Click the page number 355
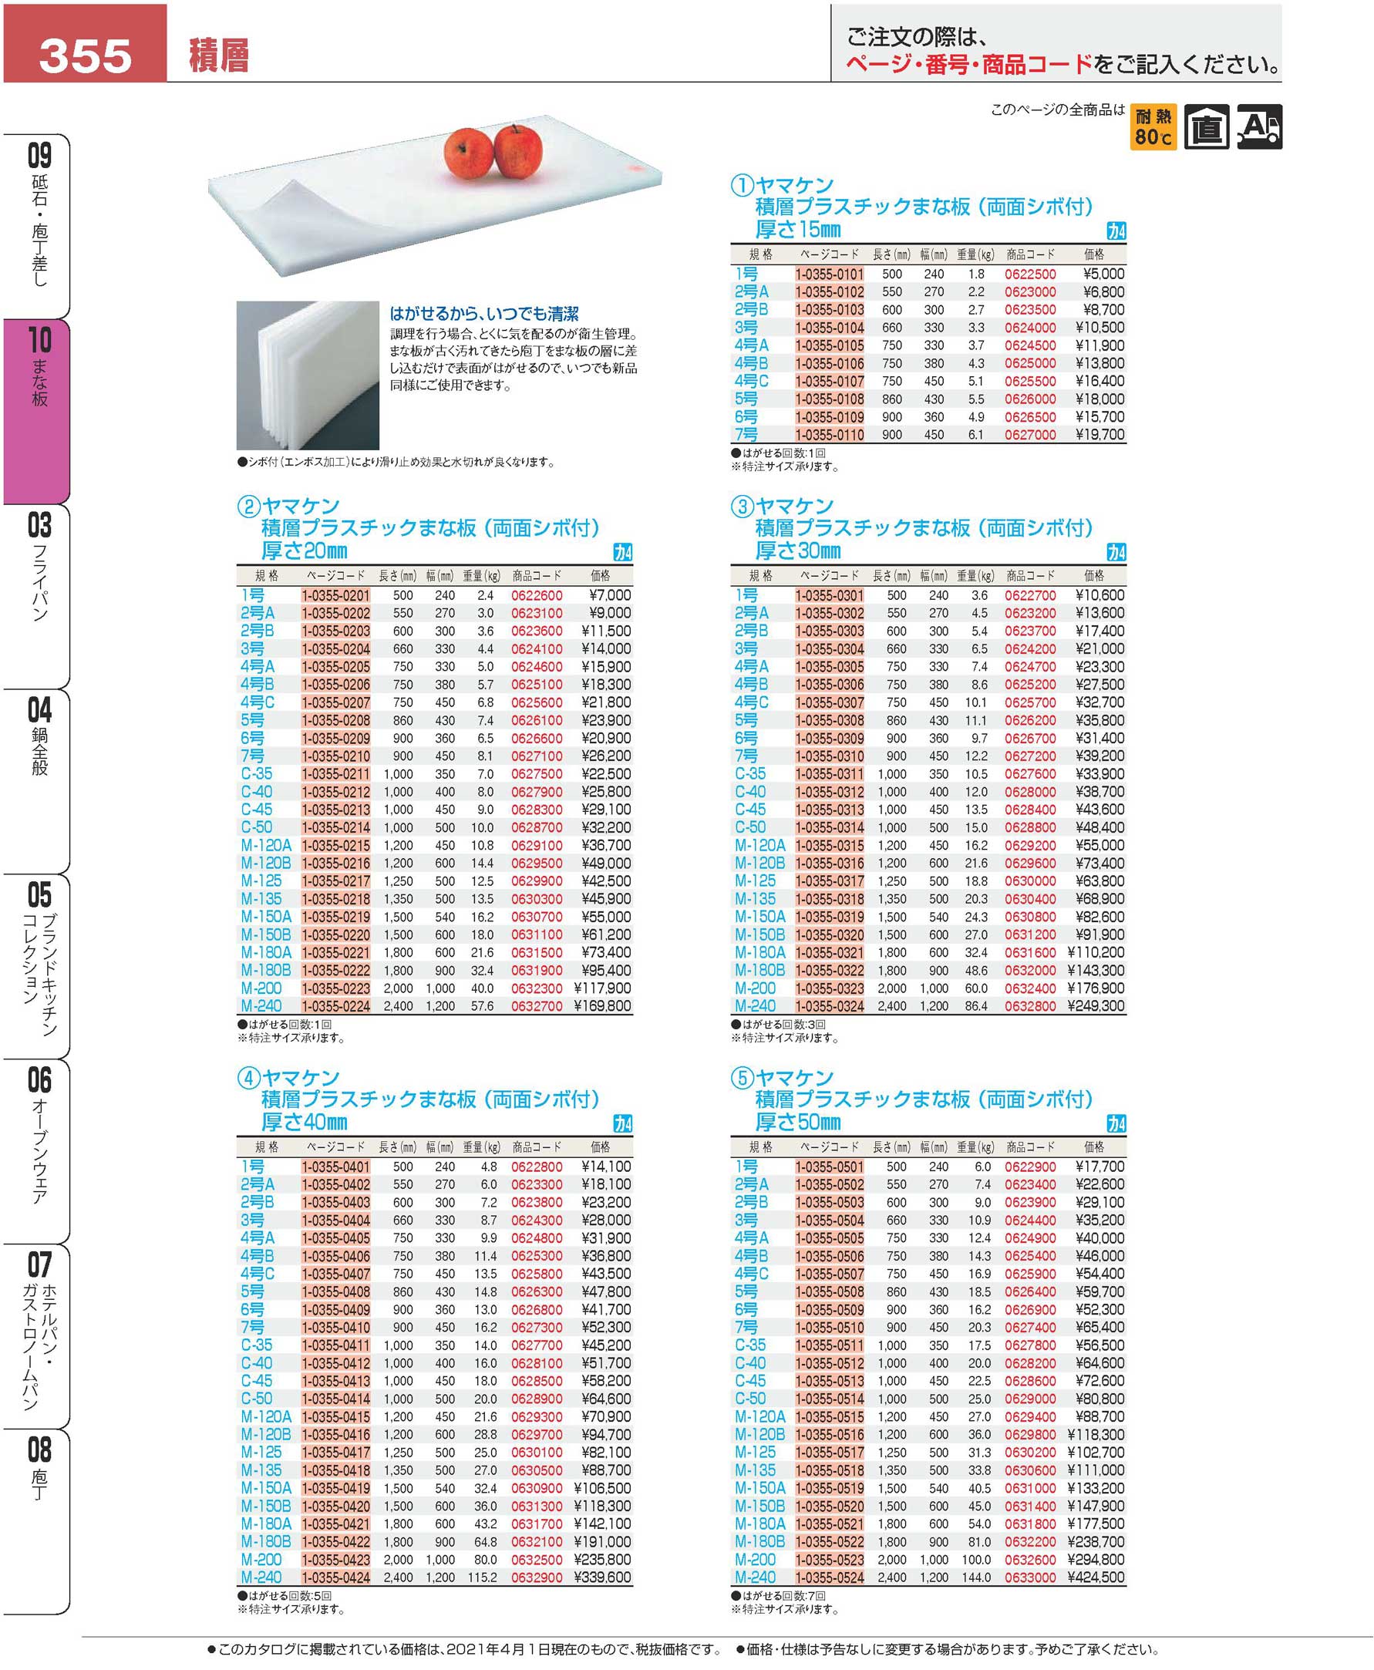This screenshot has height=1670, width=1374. (85, 56)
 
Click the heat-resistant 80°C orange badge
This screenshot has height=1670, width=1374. (1153, 126)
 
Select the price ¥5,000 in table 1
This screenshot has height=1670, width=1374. (1103, 274)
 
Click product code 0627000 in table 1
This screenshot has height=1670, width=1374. (1029, 435)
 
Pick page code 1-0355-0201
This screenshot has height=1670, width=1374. (335, 595)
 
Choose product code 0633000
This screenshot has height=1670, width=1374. (1029, 1577)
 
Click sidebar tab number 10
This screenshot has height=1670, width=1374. (39, 340)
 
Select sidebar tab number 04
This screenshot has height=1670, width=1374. (39, 711)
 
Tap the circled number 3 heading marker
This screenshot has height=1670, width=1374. (742, 507)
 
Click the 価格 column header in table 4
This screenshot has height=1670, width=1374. (600, 1146)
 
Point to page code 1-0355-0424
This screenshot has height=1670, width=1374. (335, 1577)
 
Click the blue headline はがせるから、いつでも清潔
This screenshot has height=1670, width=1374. (483, 314)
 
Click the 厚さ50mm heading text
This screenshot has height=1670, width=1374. (798, 1123)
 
